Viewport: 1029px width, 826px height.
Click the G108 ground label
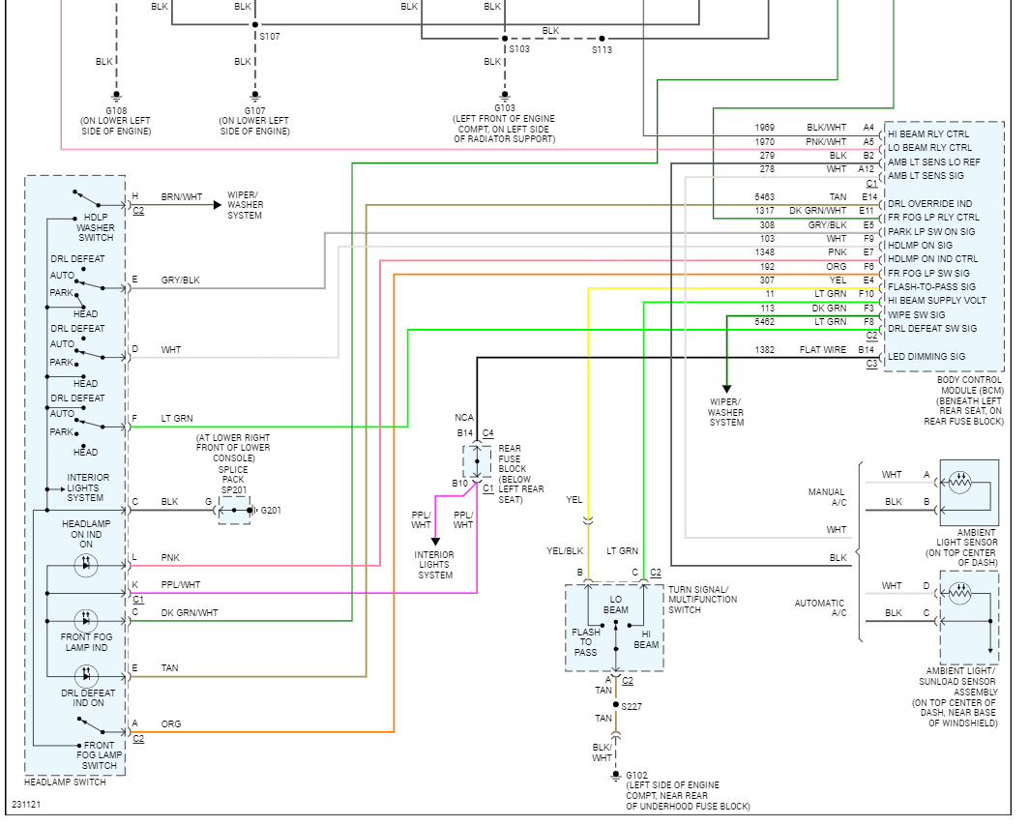(116, 111)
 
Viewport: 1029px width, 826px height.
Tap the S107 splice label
(270, 36)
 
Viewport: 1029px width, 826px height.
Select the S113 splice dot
(602, 39)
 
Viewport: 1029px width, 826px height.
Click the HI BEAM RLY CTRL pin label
(928, 133)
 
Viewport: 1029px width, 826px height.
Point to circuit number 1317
(765, 211)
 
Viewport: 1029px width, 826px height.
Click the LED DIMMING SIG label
(926, 357)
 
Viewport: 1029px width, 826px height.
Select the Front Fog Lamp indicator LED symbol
(86, 621)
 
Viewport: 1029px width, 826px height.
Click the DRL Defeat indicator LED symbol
(86, 676)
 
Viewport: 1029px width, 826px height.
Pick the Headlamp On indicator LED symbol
(86, 565)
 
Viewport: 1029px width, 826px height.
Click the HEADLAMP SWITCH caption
(65, 782)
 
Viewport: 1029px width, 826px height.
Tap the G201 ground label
(271, 510)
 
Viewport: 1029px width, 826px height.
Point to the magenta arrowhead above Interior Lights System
(435, 542)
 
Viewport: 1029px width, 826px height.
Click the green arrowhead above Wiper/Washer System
(726, 389)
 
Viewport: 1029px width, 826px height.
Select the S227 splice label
(632, 707)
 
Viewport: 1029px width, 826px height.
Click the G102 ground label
(636, 775)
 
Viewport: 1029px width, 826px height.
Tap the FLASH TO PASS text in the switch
(585, 641)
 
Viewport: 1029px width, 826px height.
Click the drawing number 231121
(26, 805)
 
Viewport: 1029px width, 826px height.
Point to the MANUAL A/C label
(827, 496)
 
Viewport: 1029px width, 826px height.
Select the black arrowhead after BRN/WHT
(218, 205)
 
